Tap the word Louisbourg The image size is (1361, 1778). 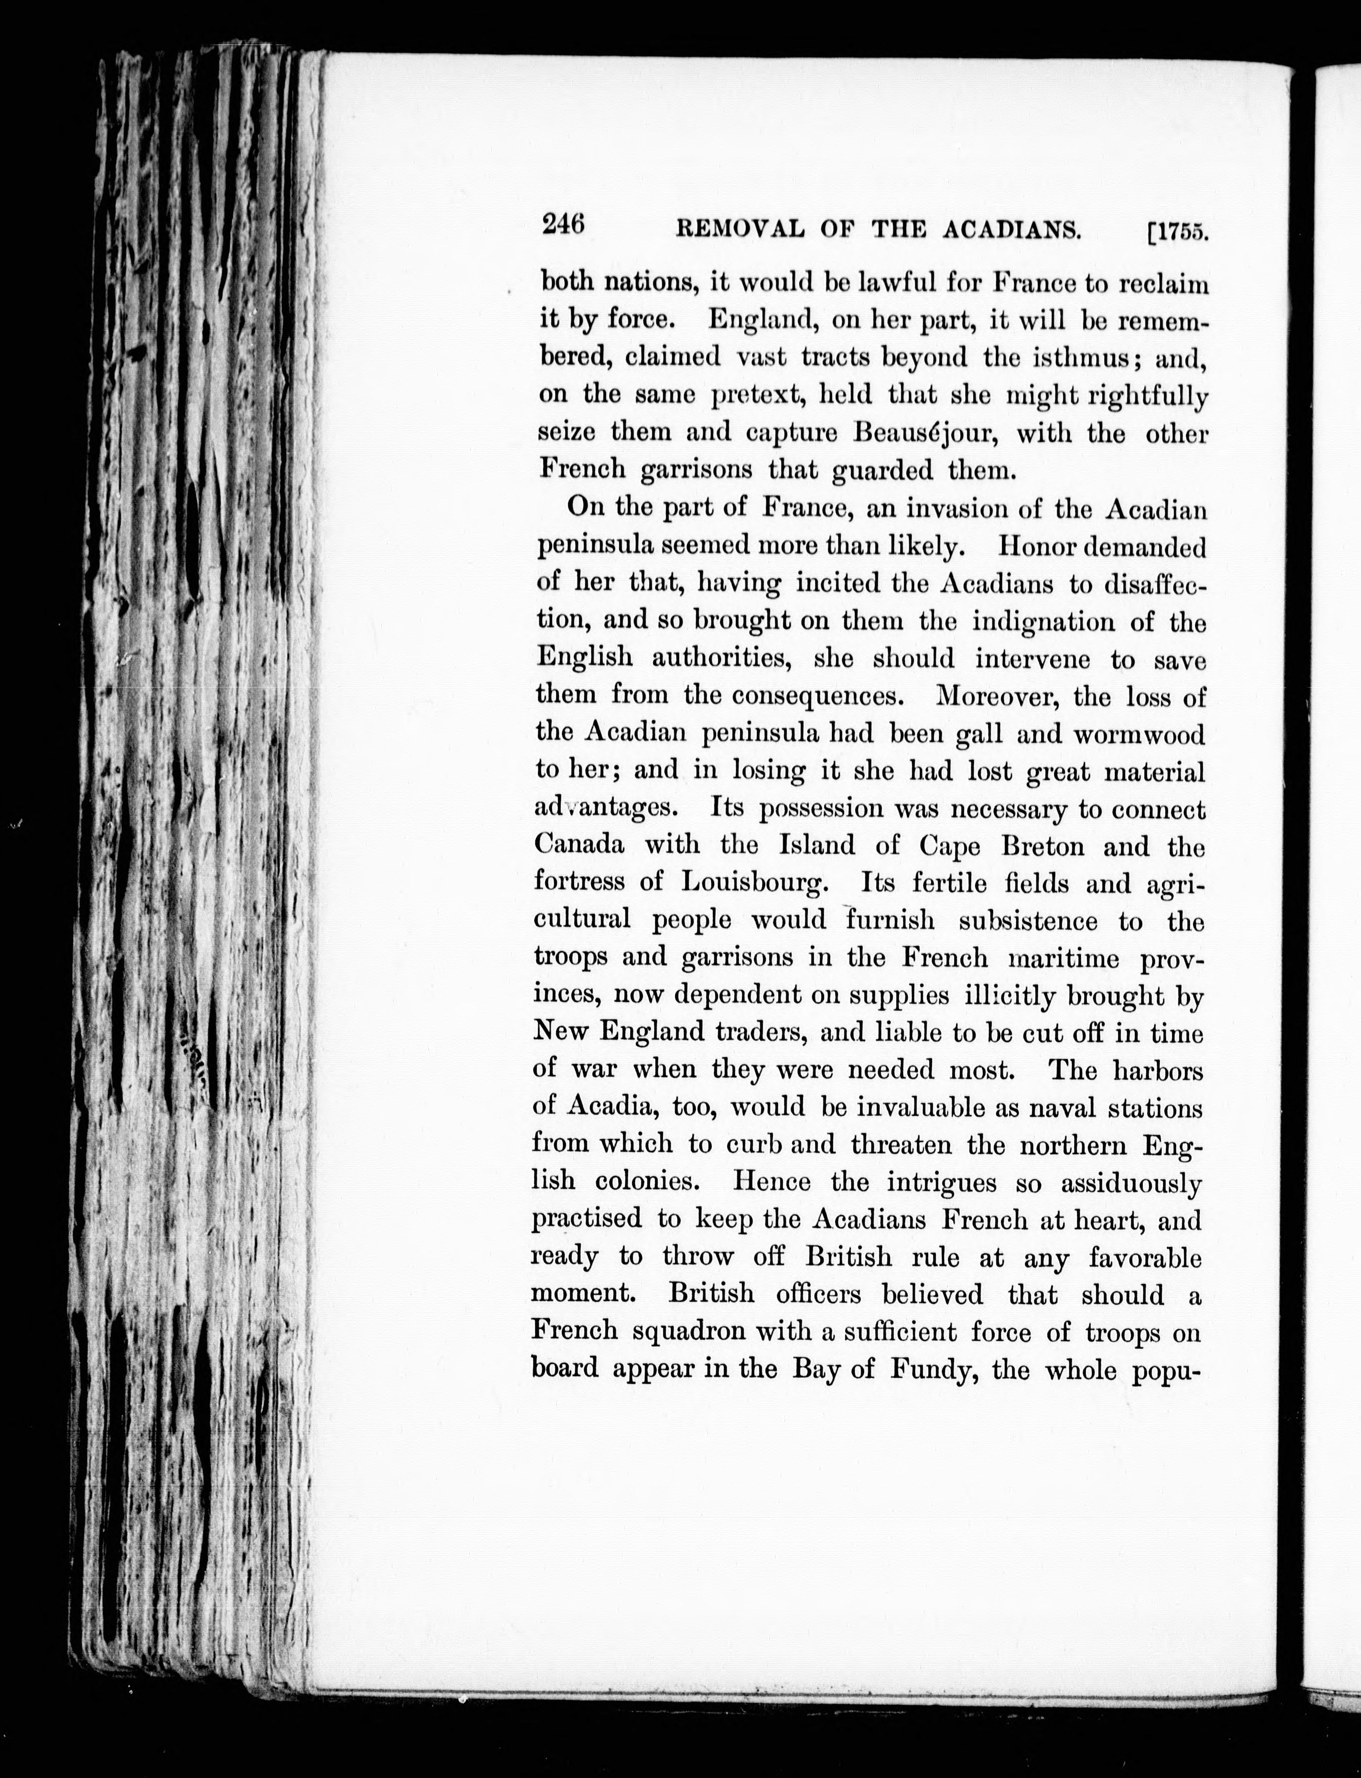[x=754, y=884]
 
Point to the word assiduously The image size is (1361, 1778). [x=1131, y=1184]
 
